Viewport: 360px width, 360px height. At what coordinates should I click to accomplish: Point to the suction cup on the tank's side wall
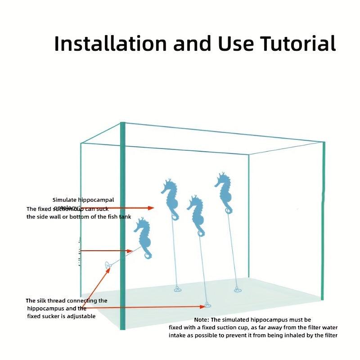click(x=108, y=265)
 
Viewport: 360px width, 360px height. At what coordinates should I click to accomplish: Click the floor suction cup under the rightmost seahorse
click(x=238, y=289)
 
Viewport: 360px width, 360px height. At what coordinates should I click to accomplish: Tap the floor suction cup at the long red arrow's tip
click(x=207, y=305)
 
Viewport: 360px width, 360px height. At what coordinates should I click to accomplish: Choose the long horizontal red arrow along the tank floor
click(x=144, y=308)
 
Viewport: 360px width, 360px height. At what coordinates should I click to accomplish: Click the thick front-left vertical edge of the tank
click(x=122, y=225)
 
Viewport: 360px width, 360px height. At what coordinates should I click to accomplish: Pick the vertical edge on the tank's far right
click(x=323, y=220)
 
